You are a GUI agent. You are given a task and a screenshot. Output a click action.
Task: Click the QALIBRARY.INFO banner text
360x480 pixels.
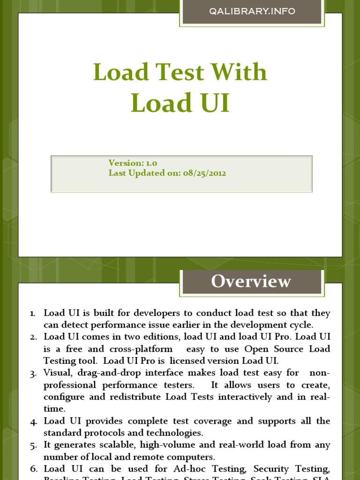(x=252, y=11)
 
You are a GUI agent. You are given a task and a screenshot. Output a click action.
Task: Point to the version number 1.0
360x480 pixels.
(x=151, y=163)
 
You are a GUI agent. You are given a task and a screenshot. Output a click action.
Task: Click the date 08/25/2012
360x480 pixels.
(x=204, y=173)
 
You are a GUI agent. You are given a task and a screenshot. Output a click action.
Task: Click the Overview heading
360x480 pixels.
(x=251, y=281)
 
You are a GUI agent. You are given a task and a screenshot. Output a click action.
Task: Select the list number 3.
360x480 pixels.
(x=33, y=373)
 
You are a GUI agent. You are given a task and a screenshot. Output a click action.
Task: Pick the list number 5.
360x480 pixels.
(x=33, y=445)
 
